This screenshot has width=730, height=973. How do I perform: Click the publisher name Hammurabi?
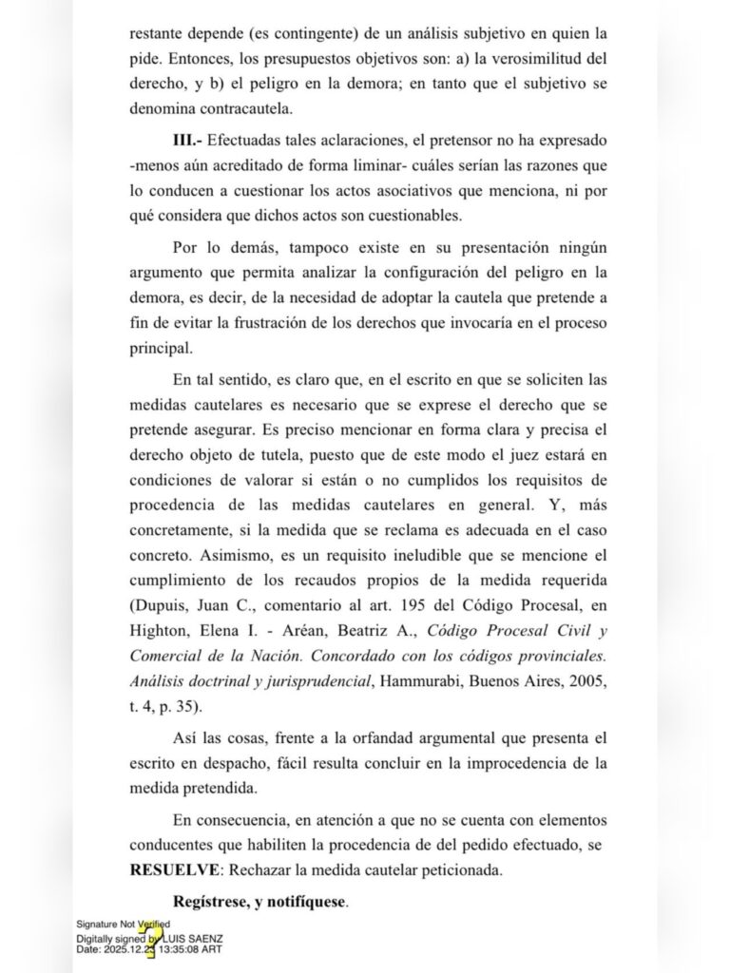pos(413,682)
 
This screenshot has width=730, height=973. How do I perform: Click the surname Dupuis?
pos(159,604)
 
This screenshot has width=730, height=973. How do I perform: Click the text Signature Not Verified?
pos(124,925)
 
